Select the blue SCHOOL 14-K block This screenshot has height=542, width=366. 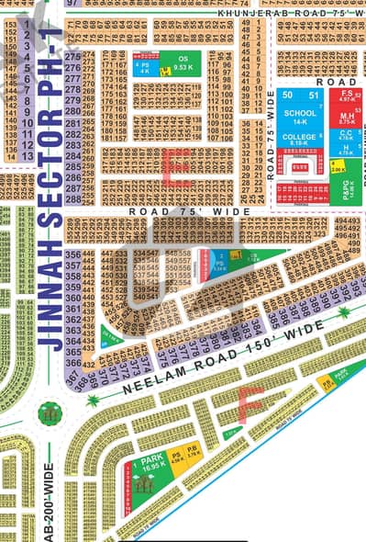[300, 117]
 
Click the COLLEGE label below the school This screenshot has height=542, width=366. [299, 136]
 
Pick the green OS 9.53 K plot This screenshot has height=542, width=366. [176, 63]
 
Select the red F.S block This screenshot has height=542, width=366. [347, 96]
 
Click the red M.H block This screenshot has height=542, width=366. [346, 117]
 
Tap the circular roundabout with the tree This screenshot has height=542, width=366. [50, 412]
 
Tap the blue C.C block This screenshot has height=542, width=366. [346, 137]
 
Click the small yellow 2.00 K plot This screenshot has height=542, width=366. [337, 168]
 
